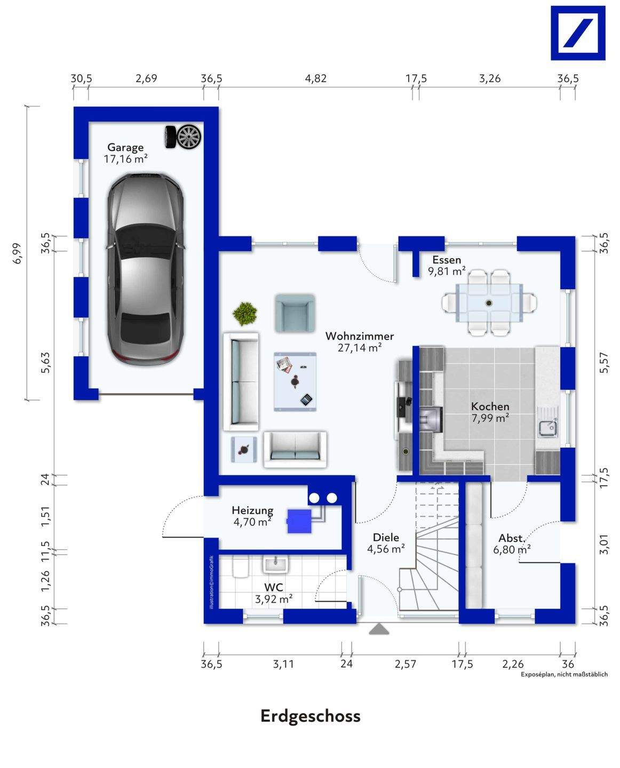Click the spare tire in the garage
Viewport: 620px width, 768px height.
click(182, 137)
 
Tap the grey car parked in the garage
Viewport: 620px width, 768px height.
click(146, 269)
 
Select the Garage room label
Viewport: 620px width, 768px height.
click(125, 147)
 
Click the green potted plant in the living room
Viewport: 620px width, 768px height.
click(245, 314)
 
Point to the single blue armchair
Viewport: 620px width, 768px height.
click(295, 313)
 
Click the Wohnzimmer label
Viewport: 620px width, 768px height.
click(360, 336)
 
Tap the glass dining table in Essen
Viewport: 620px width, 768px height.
click(489, 303)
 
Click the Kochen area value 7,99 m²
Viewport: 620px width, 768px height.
click(490, 418)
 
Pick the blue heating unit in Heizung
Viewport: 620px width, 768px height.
click(299, 522)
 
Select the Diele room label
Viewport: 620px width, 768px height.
click(386, 538)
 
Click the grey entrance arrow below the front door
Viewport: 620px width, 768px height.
click(379, 629)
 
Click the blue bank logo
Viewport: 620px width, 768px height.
click(578, 33)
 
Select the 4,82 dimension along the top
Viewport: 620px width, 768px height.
click(316, 78)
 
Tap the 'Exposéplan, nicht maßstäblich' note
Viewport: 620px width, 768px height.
click(564, 674)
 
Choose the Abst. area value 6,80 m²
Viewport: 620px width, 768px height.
click(512, 549)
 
